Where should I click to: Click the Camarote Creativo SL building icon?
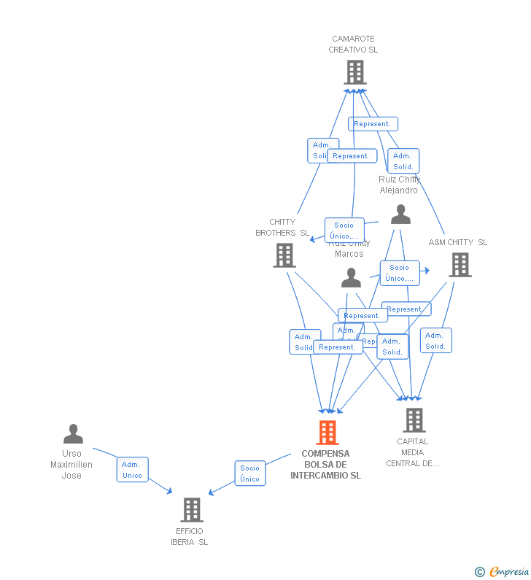click(x=354, y=72)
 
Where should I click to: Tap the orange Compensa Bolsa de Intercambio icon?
click(x=327, y=432)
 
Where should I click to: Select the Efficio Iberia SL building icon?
click(x=191, y=509)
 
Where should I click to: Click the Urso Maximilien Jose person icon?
click(x=73, y=434)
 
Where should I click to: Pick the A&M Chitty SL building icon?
click(x=460, y=265)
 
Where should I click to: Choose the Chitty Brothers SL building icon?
click(x=284, y=255)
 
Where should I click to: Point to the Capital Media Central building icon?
click(x=414, y=419)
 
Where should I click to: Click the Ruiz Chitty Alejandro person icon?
click(x=400, y=214)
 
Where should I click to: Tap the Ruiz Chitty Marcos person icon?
click(x=351, y=278)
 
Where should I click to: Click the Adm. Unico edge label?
click(x=132, y=470)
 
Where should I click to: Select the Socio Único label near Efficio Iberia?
click(x=249, y=473)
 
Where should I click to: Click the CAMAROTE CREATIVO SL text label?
click(x=353, y=45)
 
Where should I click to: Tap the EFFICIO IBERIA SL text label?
click(x=189, y=536)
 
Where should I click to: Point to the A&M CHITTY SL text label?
click(x=457, y=242)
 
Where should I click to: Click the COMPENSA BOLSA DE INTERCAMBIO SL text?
click(x=325, y=464)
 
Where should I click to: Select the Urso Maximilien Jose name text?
click(x=71, y=465)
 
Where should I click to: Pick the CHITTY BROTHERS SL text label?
click(x=282, y=228)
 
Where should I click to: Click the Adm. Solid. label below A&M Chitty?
click(x=435, y=341)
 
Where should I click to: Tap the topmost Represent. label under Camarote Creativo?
click(x=373, y=124)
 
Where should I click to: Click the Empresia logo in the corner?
click(x=502, y=571)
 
